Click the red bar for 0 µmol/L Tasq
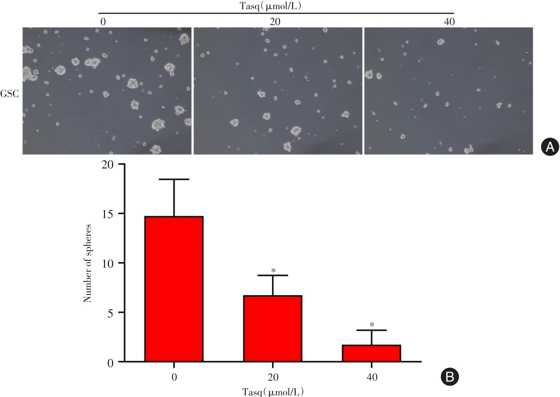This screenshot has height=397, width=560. (x=174, y=289)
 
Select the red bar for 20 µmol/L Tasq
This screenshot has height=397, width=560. (x=273, y=329)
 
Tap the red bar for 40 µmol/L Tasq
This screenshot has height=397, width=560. (x=372, y=353)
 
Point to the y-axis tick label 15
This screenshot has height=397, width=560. (x=109, y=214)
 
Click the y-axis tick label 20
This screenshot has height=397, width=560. (x=109, y=164)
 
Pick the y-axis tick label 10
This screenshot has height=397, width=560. (x=109, y=263)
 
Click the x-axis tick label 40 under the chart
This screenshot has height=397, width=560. (x=372, y=377)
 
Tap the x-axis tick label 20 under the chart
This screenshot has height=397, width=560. (x=273, y=377)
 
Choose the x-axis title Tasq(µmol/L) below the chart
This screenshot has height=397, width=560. (x=273, y=392)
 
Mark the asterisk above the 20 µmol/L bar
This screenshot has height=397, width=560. (x=273, y=271)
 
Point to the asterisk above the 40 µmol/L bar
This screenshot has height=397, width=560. (x=372, y=324)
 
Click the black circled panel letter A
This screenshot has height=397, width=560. (x=550, y=147)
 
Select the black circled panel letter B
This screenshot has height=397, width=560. (x=450, y=376)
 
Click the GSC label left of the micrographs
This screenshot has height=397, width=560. (x=10, y=94)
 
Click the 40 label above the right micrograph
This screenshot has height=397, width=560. (x=449, y=22)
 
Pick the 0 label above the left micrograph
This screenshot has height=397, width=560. (x=103, y=22)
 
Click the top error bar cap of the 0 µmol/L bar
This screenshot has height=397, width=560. (x=174, y=179)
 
